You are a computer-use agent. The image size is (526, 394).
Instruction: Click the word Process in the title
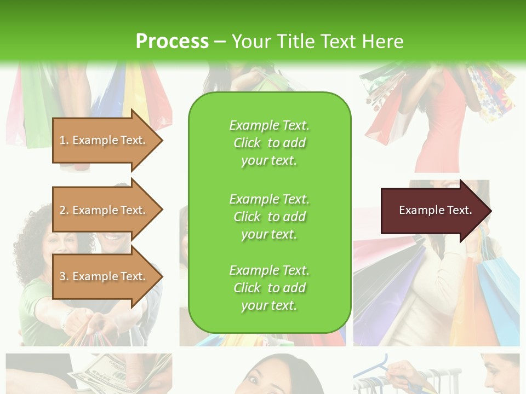point(172,42)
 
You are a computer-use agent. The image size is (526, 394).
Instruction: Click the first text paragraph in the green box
point(269,143)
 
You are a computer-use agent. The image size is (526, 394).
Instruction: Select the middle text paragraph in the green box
point(269,217)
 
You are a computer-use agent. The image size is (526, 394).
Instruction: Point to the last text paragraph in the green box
point(269,288)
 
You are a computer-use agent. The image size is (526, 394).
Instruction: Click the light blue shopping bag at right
point(496,296)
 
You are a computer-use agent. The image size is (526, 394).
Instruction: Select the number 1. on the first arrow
point(64,140)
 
